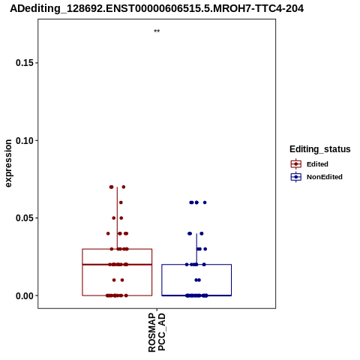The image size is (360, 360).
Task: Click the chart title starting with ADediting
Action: tap(157, 9)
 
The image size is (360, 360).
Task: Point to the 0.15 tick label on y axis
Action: tap(25, 63)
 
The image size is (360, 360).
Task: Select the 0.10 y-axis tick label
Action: tap(25, 140)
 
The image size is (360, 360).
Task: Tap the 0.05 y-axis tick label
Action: tap(25, 218)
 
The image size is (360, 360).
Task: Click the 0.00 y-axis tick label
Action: tap(25, 295)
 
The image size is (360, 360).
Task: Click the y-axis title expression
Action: tap(8, 163)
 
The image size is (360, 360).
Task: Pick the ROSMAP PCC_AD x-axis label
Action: tap(157, 333)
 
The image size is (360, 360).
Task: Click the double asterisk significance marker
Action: tap(157, 31)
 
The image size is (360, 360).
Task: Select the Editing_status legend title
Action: tap(320, 149)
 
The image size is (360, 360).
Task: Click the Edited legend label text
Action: tap(317, 164)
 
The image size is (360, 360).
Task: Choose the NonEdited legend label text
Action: tap(325, 177)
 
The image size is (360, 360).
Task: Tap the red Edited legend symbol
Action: tap(296, 164)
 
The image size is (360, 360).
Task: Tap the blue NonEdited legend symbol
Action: tap(296, 177)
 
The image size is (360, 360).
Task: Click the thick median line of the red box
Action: tap(117, 264)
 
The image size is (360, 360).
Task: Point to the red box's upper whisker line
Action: tap(117, 218)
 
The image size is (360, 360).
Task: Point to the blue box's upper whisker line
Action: tap(196, 249)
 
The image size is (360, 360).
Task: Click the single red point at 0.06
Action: tap(121, 202)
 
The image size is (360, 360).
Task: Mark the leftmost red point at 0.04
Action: tap(108, 233)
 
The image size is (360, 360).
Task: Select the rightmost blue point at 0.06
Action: tap(205, 202)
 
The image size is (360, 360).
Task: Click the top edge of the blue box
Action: tap(196, 264)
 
